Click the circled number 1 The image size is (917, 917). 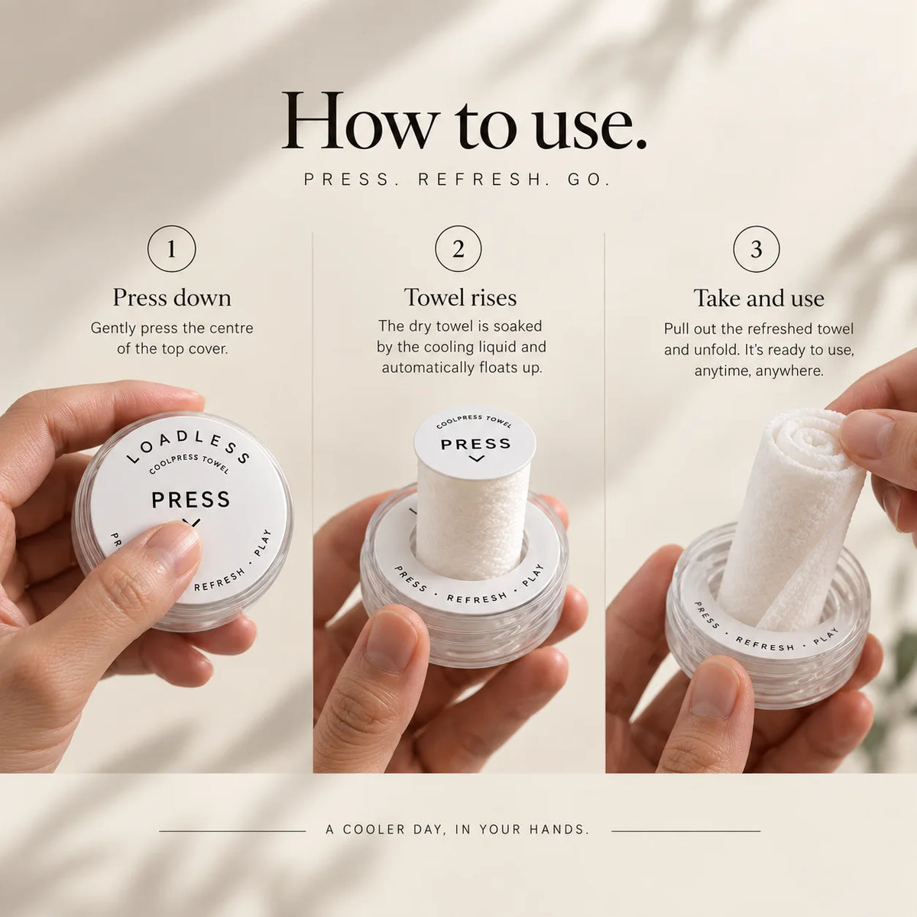(x=171, y=248)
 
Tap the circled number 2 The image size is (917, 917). (x=458, y=248)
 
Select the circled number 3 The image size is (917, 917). (x=757, y=248)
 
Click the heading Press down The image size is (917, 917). (x=172, y=298)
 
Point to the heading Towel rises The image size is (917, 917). (x=460, y=298)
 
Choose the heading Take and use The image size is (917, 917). (x=759, y=299)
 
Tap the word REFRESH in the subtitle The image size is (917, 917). (x=480, y=180)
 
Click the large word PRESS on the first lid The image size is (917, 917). (x=190, y=500)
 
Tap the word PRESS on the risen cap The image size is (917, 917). (x=475, y=444)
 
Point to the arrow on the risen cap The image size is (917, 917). (x=476, y=458)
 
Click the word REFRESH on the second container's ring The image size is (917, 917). (x=477, y=598)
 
